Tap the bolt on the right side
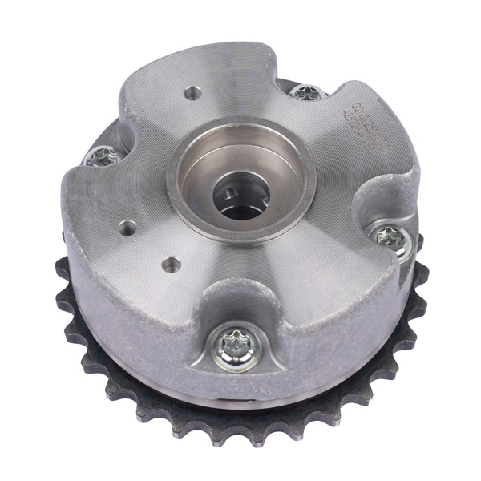point(390,236)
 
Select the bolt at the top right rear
point(307,92)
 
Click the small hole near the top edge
point(192,94)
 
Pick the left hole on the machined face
point(127,228)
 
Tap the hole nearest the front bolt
point(171,263)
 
